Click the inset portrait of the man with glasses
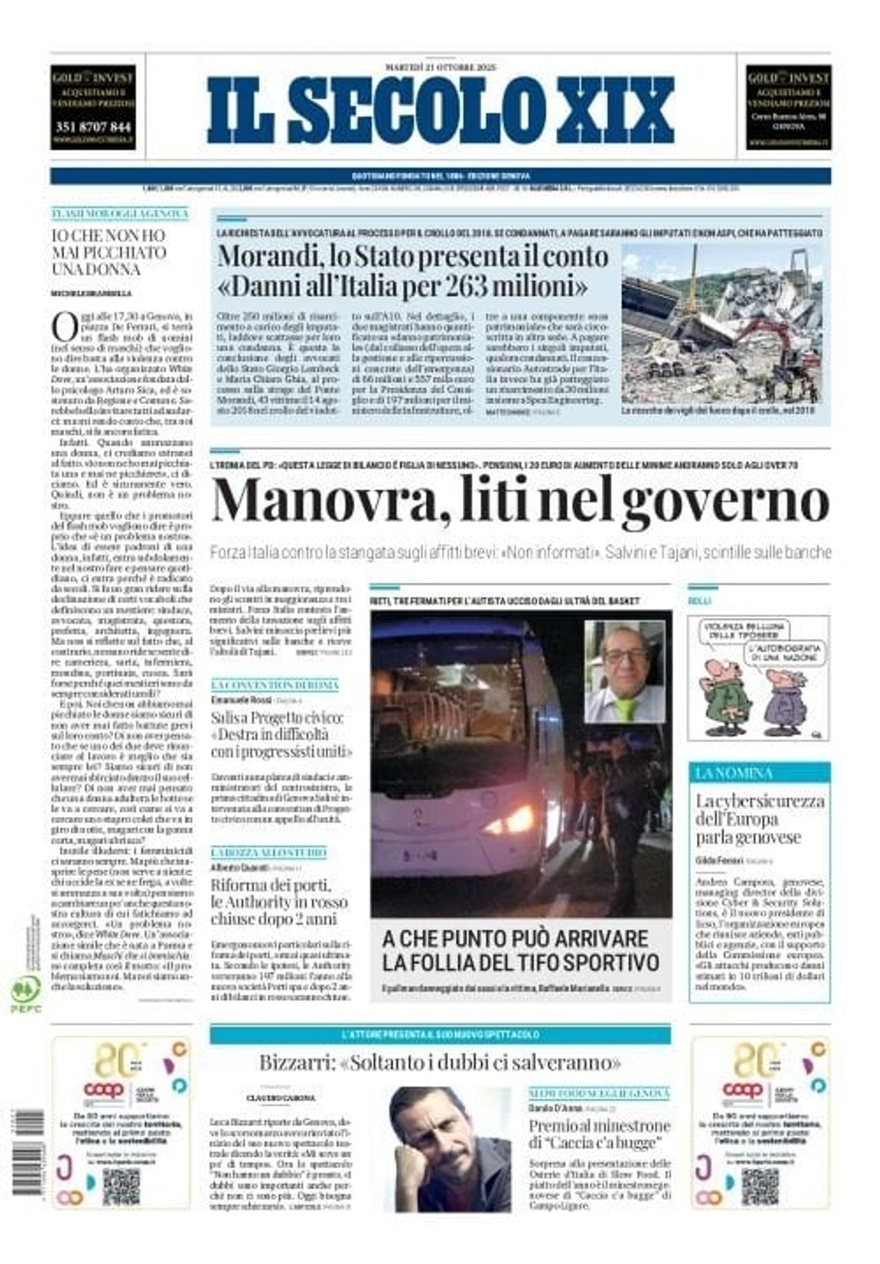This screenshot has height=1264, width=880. click(x=624, y=671)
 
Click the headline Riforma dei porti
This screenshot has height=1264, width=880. click(x=271, y=885)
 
